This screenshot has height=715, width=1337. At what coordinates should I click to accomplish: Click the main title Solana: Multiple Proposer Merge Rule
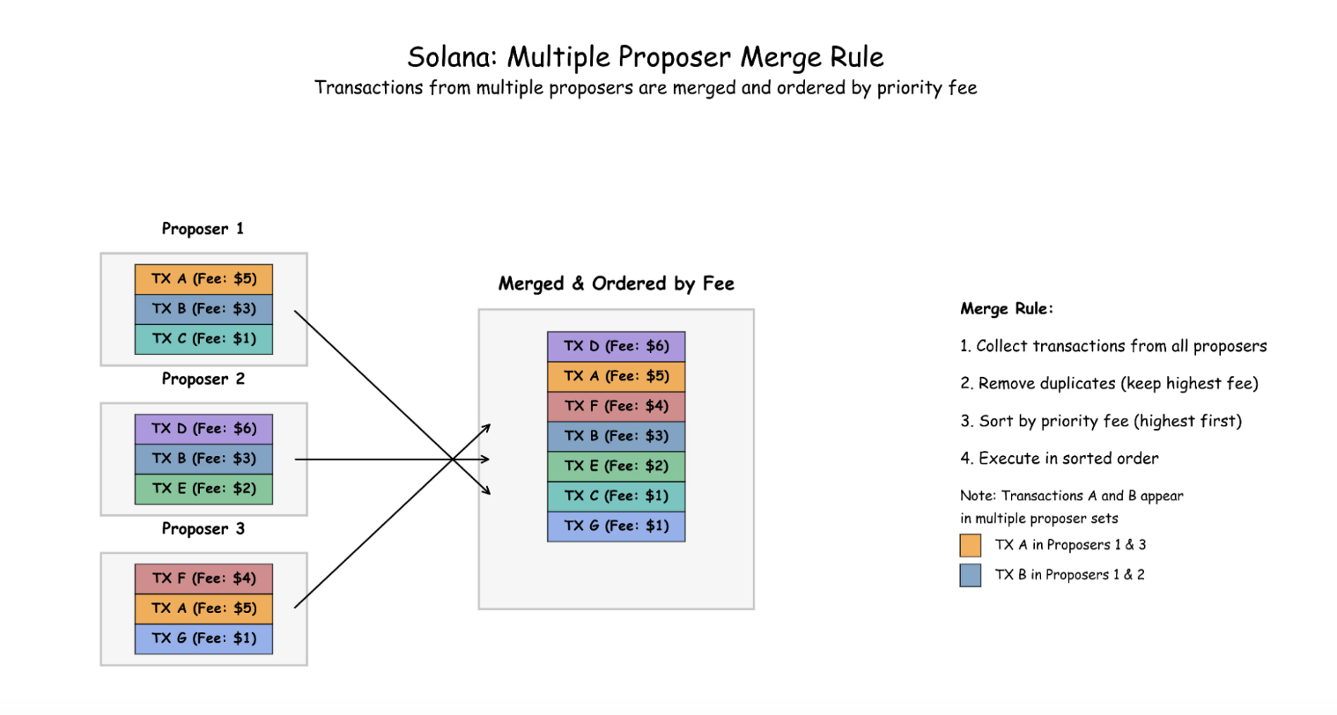645,57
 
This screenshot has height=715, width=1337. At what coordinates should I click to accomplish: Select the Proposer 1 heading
203,229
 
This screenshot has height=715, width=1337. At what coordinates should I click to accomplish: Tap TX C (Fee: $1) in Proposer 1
203,339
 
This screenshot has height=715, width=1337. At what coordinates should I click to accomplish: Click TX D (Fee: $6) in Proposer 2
203,429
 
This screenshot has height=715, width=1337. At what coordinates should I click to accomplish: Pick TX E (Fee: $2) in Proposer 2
203,489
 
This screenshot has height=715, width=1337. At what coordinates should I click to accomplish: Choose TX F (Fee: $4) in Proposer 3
203,579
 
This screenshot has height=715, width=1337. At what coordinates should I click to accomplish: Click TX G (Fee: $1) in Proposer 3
203,638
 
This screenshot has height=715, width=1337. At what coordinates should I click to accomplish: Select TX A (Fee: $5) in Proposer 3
203,608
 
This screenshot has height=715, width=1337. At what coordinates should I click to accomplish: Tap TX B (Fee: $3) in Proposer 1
203,309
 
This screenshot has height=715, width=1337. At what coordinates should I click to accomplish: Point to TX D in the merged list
616,346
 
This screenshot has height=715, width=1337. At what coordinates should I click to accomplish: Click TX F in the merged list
616,406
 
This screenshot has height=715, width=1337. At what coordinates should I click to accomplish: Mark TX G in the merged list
616,526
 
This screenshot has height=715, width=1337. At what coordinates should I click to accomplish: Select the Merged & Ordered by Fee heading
616,284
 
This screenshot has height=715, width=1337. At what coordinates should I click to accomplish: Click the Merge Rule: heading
1007,309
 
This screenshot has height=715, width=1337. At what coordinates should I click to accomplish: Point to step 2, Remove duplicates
1109,384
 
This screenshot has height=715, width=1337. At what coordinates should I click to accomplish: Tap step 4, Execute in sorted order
1059,459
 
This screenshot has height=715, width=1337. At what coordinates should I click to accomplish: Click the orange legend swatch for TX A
970,546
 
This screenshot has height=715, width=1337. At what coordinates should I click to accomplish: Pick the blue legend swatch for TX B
970,576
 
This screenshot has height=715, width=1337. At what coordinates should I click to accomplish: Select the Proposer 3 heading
203,529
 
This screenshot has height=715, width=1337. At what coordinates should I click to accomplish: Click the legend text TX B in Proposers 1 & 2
1069,575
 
